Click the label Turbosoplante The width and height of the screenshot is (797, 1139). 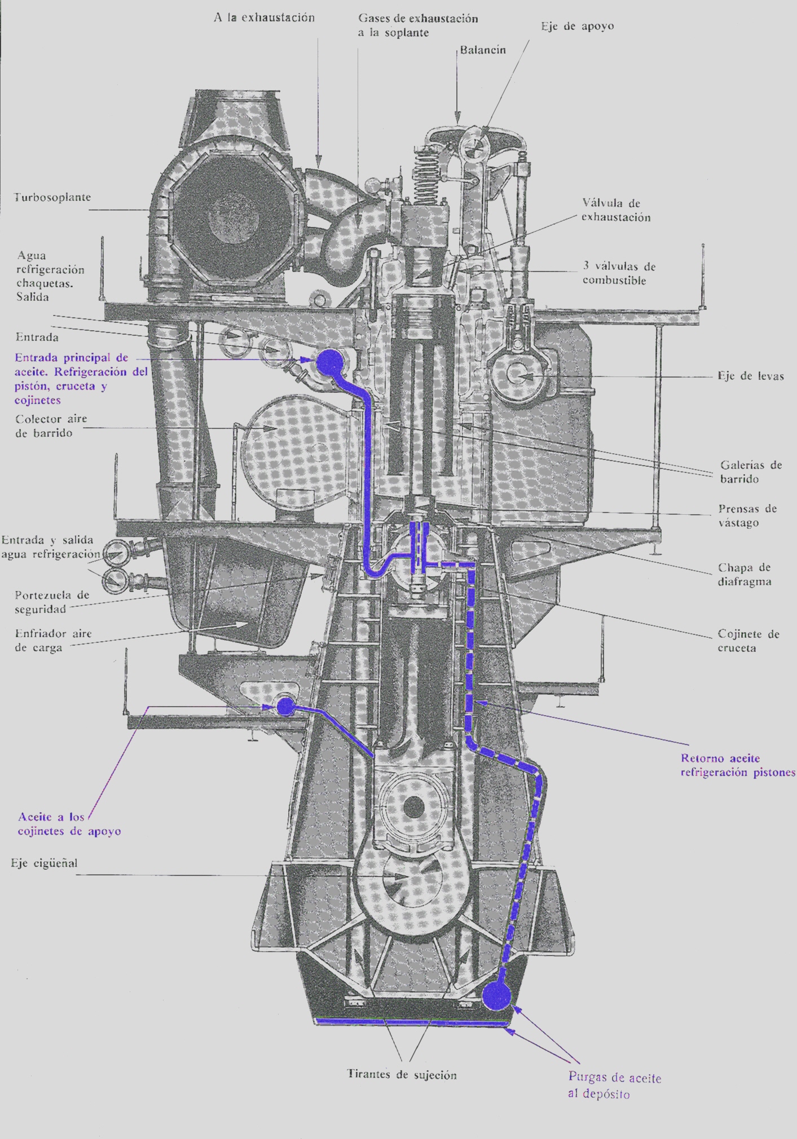pos(52,198)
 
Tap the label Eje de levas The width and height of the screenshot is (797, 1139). pos(750,376)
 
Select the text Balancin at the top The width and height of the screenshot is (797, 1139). pos(482,50)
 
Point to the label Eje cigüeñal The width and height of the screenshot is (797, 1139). pos(44,863)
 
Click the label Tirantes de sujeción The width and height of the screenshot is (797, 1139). pos(402,1075)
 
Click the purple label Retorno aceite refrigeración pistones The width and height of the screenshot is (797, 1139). pos(737,765)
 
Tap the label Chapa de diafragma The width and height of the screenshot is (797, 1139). pos(743,575)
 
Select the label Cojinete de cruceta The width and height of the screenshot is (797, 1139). pos(748,641)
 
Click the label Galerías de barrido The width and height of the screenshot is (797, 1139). pos(750,472)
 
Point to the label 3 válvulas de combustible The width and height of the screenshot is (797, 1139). pos(618,273)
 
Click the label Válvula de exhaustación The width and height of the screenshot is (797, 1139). pos(615,210)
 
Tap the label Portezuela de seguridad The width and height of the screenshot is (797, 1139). pos(51,602)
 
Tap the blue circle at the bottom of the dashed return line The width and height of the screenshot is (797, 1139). pos(497,996)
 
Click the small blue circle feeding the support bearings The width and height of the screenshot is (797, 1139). pos(285,706)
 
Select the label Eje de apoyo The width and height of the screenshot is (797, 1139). pos(577,27)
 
